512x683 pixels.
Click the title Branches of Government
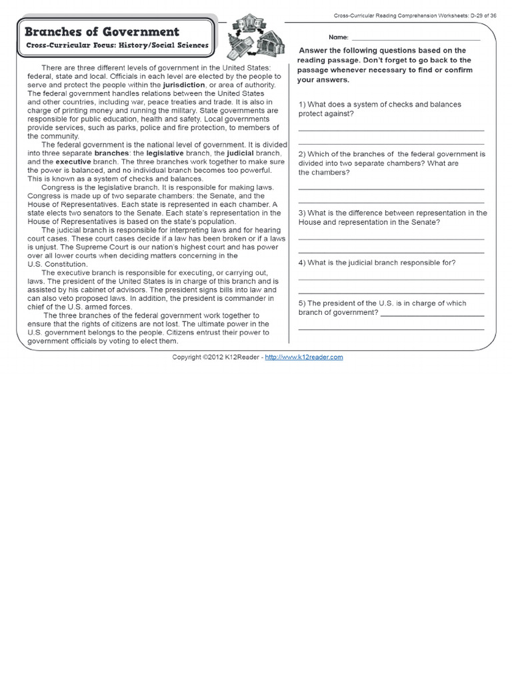click(x=102, y=31)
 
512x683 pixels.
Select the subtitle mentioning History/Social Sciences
click(x=117, y=46)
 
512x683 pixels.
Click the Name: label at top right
click(x=338, y=37)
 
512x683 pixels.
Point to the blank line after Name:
click(x=415, y=39)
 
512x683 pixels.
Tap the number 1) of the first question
click(x=302, y=105)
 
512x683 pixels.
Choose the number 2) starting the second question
click(x=302, y=154)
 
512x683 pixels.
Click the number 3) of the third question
click(x=302, y=213)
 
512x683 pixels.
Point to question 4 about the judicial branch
click(x=377, y=263)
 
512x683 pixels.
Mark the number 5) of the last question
click(x=302, y=303)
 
